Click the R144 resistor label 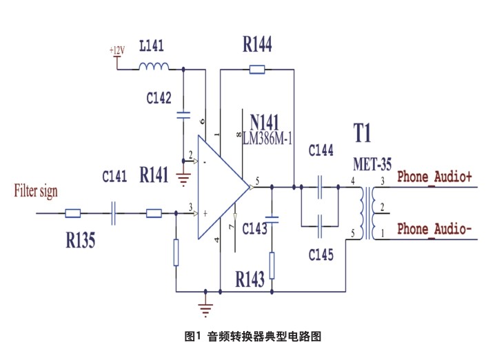coord(257,46)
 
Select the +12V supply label coord(117,51)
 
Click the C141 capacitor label coord(114,177)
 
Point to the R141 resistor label coord(154,175)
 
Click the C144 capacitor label coord(321,150)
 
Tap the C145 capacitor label coord(321,255)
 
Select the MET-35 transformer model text coord(373,166)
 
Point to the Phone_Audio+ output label coord(435,177)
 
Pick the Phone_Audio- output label coord(435,228)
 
